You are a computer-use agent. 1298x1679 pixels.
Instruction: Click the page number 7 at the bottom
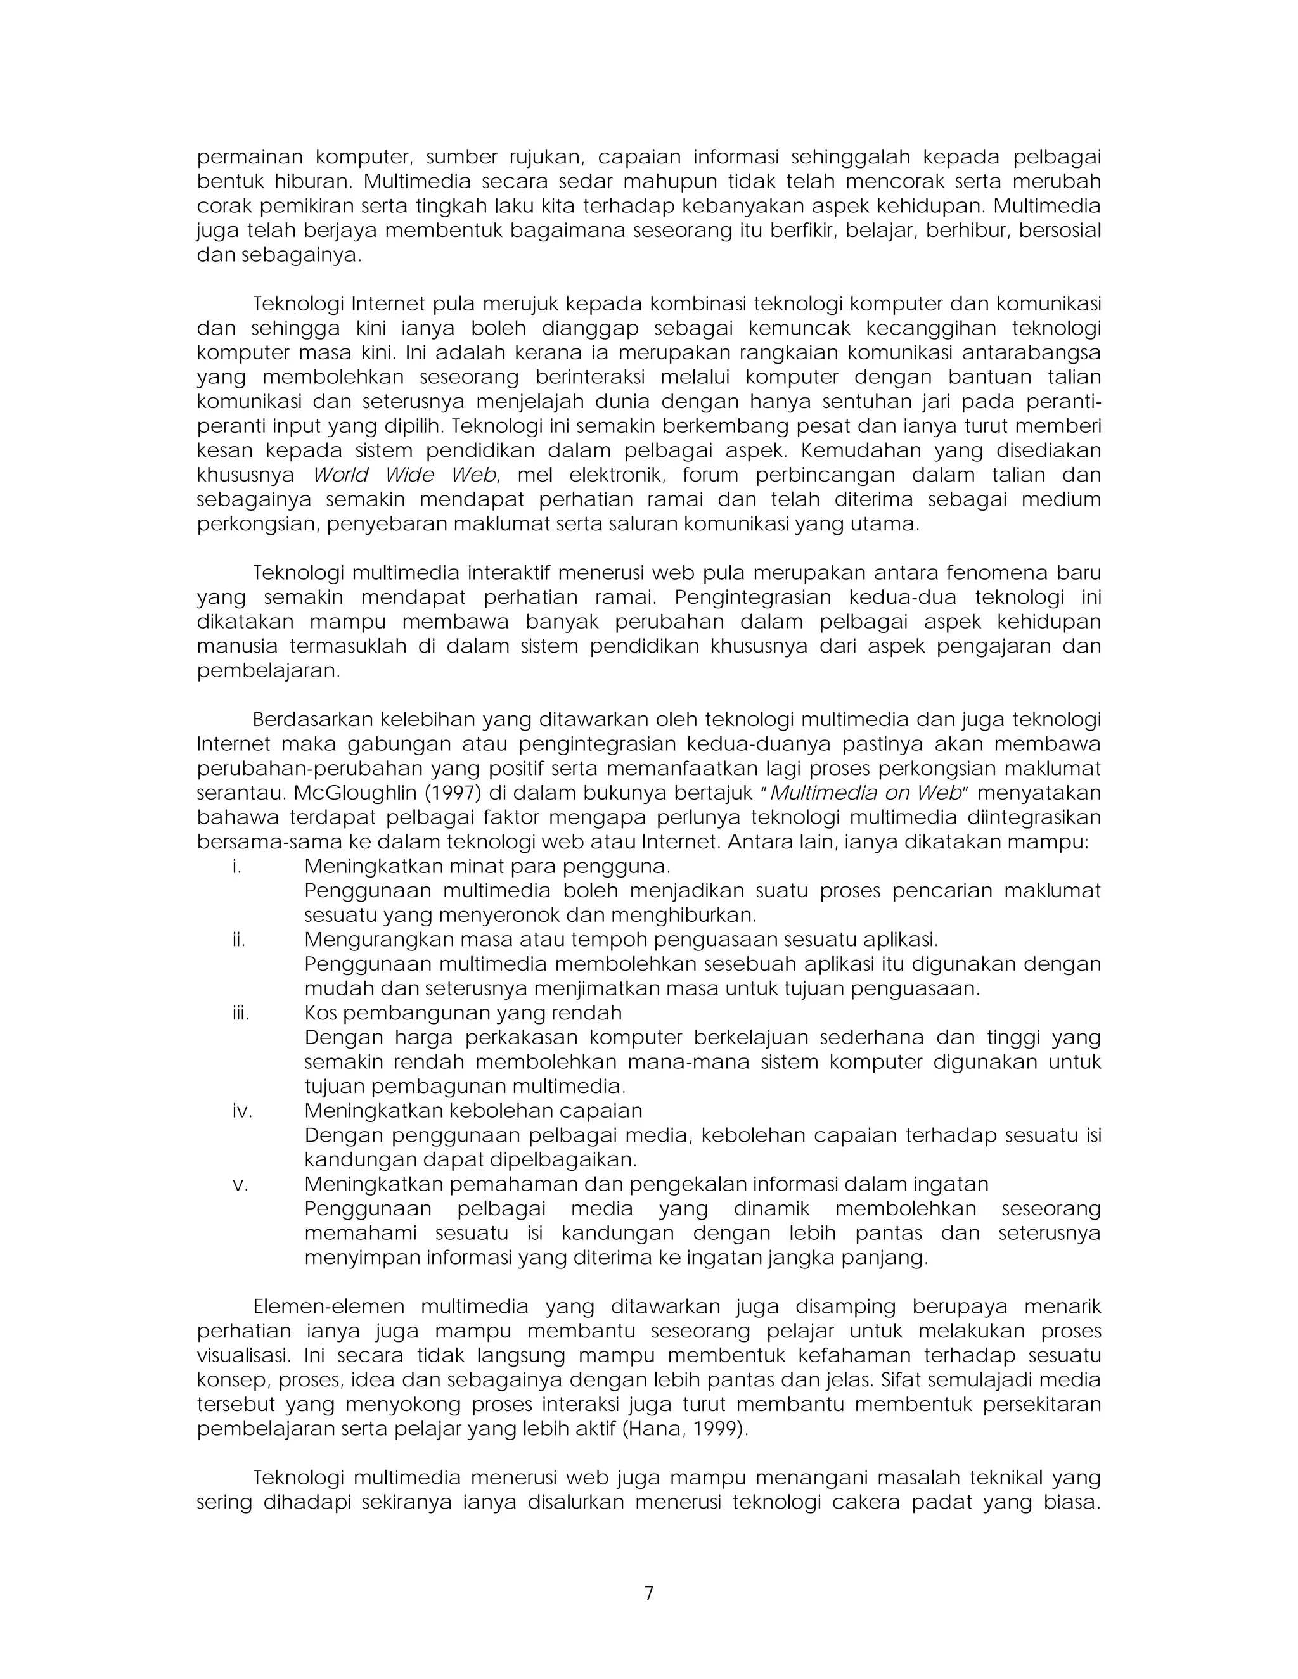pos(648,1593)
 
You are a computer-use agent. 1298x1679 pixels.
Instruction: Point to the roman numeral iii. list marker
pos(241,1013)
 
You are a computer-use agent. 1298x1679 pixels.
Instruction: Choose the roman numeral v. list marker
pos(241,1185)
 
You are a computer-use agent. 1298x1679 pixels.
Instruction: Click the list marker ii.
pos(239,940)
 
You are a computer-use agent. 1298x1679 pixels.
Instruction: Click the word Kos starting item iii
pos(321,1013)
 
